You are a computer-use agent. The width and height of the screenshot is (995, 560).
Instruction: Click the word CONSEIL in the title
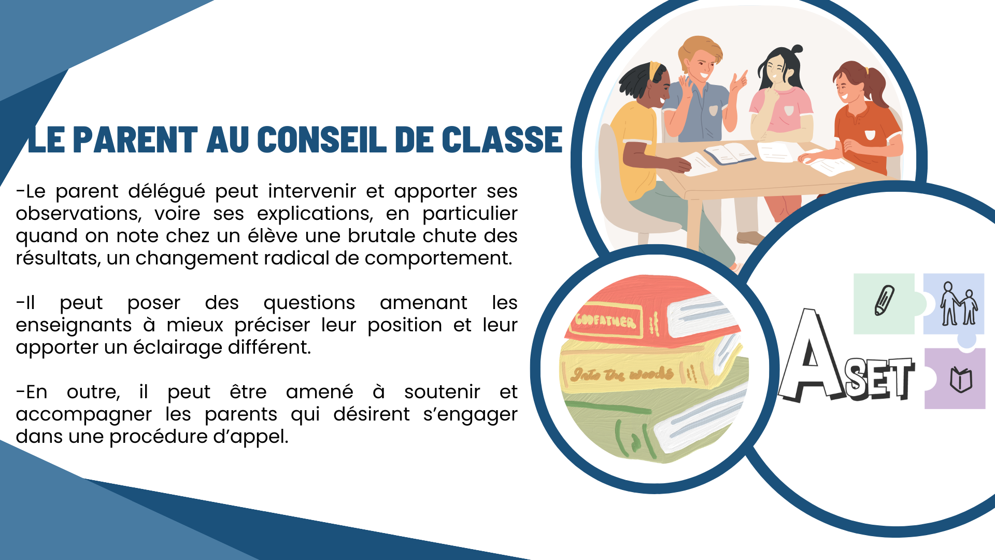click(321, 139)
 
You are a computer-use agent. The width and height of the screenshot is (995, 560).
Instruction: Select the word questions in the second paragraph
click(309, 303)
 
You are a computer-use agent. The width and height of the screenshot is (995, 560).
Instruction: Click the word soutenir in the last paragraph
click(442, 392)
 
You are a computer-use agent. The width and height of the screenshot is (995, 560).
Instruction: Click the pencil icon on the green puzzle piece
click(884, 300)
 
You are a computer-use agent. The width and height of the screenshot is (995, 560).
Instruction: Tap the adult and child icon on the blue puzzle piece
click(959, 304)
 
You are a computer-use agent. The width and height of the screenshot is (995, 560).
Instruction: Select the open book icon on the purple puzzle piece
click(960, 380)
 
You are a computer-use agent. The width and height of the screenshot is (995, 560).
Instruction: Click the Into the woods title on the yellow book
click(622, 373)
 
